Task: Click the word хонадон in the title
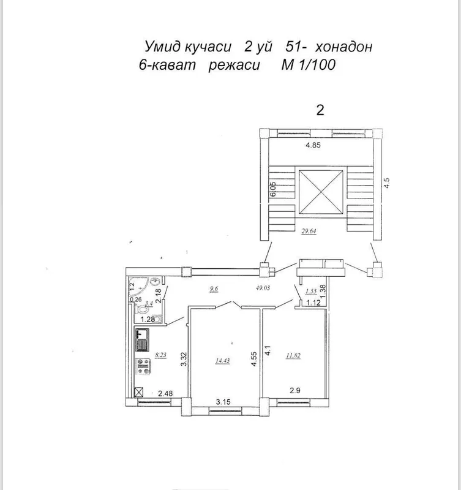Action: [343, 47]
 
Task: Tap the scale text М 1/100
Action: [309, 65]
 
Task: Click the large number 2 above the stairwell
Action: [320, 110]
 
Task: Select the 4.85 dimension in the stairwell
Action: [313, 145]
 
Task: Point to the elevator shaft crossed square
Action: [321, 192]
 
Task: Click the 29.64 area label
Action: [309, 231]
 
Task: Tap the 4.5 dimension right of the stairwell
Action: [387, 183]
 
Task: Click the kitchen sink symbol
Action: [142, 340]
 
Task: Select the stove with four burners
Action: [143, 366]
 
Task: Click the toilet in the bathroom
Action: [142, 309]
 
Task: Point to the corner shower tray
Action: [137, 287]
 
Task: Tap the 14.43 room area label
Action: [222, 361]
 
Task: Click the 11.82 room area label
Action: [293, 355]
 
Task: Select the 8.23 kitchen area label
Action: [160, 355]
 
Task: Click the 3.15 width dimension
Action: [223, 402]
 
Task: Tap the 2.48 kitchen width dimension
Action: [165, 393]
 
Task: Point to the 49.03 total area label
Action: [263, 288]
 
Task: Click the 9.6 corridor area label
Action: [214, 288]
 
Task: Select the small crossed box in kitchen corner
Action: [138, 392]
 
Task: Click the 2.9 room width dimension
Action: [295, 390]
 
